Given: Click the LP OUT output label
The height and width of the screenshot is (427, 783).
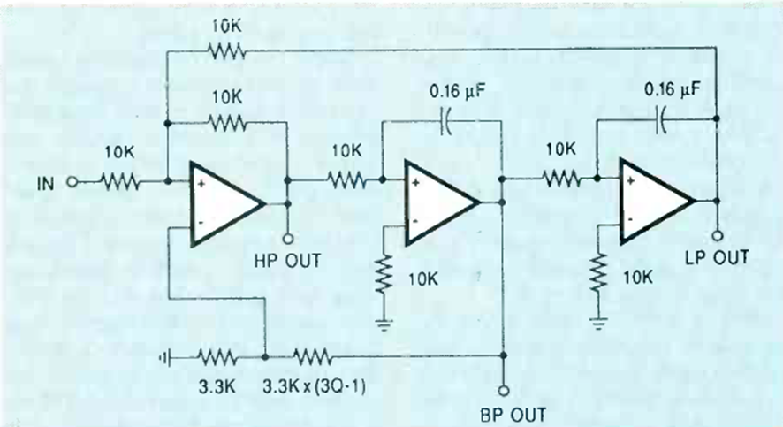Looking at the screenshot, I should pyautogui.click(x=718, y=258).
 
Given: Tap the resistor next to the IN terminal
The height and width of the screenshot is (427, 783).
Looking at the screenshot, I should pyautogui.click(x=120, y=182).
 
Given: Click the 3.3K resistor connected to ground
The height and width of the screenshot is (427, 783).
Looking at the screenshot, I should pyautogui.click(x=215, y=358).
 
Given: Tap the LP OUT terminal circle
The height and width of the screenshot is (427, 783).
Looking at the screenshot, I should pyautogui.click(x=718, y=235).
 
